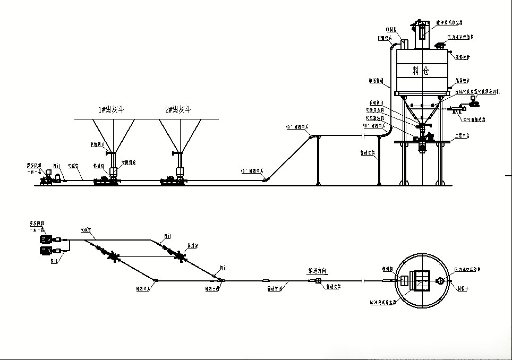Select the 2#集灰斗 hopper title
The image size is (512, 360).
coord(177,110)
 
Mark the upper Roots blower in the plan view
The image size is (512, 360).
coord(46,239)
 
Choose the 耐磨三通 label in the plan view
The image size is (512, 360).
coord(213,288)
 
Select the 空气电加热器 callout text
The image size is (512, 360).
coord(474,120)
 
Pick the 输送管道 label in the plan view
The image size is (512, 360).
coord(276,288)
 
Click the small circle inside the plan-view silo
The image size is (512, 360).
coord(440,281)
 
